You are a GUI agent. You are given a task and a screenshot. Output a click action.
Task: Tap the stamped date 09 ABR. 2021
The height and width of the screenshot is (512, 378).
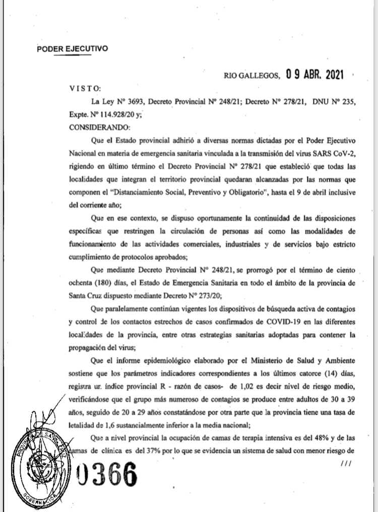(314, 76)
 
